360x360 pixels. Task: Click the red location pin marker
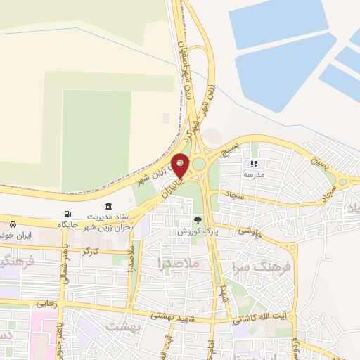click(x=181, y=165)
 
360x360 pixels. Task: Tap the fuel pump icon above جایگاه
click(x=67, y=214)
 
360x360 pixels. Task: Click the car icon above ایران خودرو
click(x=13, y=224)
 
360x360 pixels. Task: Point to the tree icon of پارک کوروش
click(x=197, y=220)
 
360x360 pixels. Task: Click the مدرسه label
click(x=254, y=174)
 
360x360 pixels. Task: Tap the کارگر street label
click(x=91, y=250)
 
